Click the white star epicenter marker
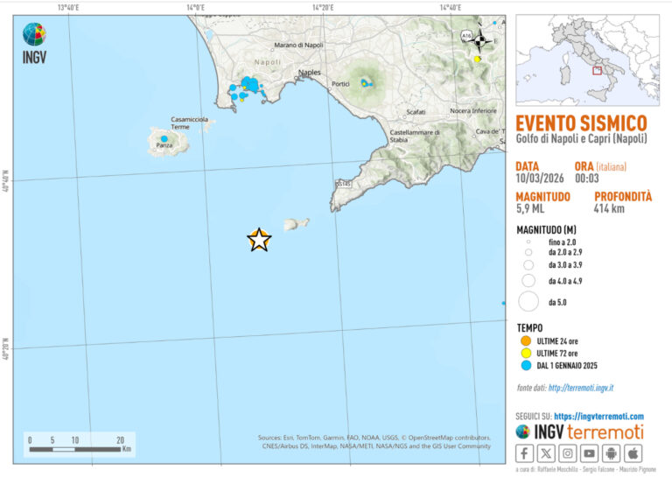click(259, 240)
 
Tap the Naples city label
click(310, 73)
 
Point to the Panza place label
click(164, 145)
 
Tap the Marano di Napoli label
click(298, 45)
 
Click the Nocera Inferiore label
click(472, 111)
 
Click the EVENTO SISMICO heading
click(581, 123)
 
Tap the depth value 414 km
click(612, 209)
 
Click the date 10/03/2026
click(539, 178)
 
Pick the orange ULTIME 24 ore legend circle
click(527, 340)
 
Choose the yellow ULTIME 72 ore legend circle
click(527, 353)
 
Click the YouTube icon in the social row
click(590, 453)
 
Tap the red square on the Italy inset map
click(597, 70)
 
